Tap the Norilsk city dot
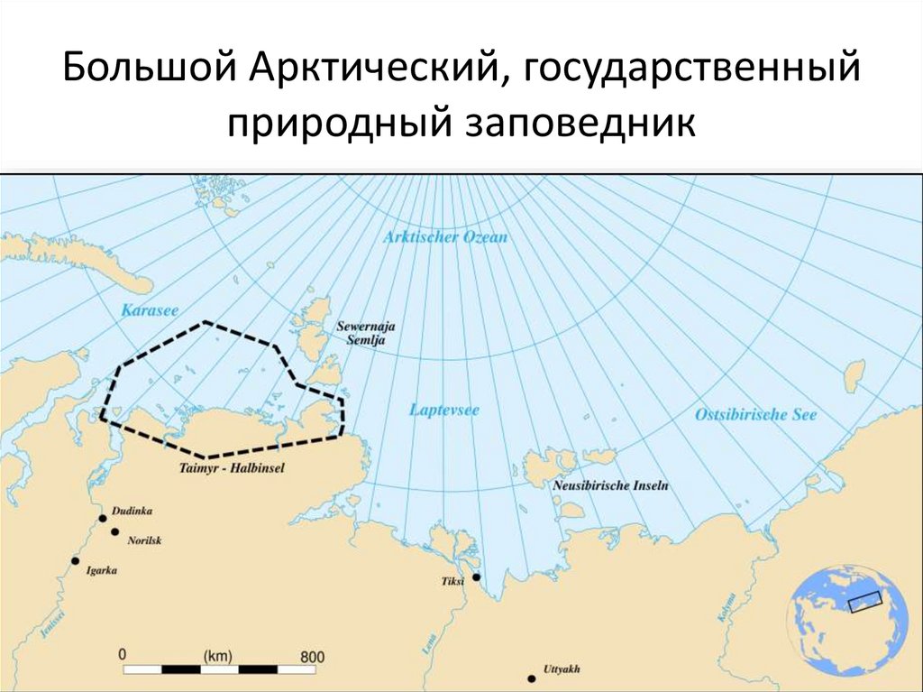(115, 531)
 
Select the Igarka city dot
(76, 560)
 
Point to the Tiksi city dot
(476, 577)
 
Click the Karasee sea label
(143, 311)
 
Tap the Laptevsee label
(444, 410)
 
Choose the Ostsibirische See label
(755, 415)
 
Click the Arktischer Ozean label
(445, 237)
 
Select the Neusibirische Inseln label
(610, 484)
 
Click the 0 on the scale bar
(123, 654)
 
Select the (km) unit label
(219, 655)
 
